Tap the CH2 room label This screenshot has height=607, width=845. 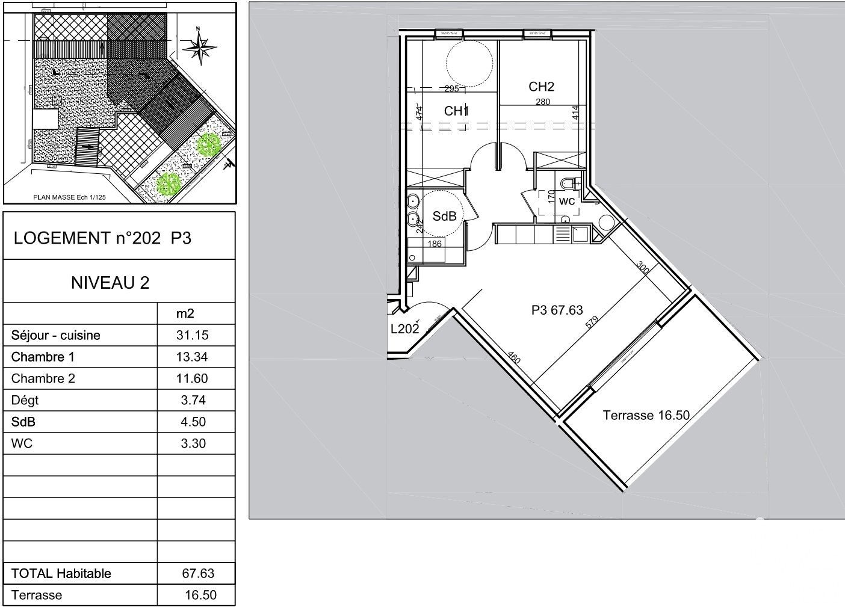click(541, 87)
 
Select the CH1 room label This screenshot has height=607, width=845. click(456, 111)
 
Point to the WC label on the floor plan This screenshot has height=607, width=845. click(567, 202)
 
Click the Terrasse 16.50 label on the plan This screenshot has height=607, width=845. click(646, 415)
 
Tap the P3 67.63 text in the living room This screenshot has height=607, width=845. click(557, 310)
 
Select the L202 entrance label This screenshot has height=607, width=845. click(404, 328)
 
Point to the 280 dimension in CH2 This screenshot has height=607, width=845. click(542, 102)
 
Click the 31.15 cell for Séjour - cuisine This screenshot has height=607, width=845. click(195, 335)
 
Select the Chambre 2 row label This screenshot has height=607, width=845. click(43, 378)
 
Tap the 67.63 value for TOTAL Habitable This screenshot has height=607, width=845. click(198, 573)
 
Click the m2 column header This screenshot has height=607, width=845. click(184, 313)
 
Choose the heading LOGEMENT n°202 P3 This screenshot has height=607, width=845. click(102, 238)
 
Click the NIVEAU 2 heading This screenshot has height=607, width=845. click(110, 282)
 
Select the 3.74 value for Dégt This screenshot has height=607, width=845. click(194, 400)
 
